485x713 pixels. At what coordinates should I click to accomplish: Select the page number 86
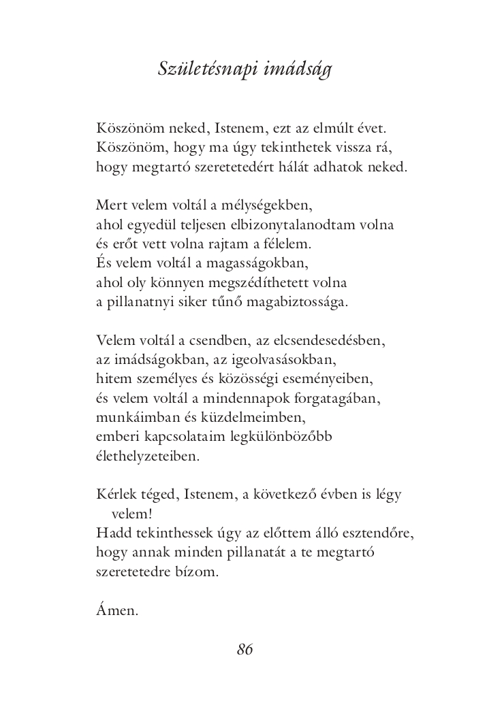[245, 650]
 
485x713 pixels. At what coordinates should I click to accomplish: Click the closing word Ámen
[117, 611]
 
